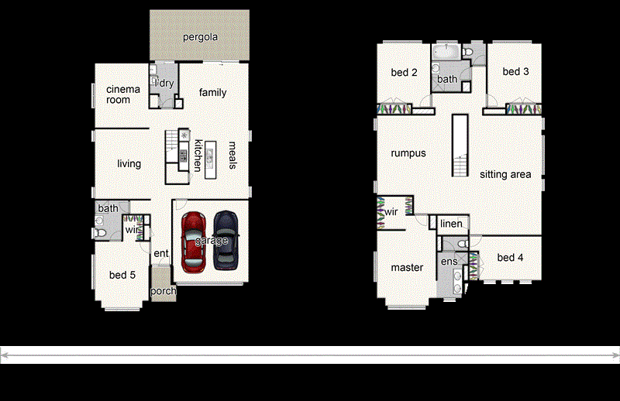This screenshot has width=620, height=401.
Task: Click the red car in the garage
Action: coord(193,239)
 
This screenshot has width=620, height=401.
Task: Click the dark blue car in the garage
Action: coord(226,239)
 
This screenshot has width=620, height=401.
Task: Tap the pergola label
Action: coord(199,36)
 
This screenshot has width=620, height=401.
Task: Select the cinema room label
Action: coord(123,94)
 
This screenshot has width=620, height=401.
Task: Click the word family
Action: coord(212,93)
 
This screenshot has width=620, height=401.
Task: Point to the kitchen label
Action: coord(198,155)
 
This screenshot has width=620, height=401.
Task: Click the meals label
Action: coord(232,155)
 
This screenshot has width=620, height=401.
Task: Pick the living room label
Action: coord(129,164)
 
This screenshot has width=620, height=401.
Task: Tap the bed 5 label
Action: coord(122,276)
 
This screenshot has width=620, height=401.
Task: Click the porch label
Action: coord(163,292)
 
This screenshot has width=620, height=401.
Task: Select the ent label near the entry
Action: coord(160,254)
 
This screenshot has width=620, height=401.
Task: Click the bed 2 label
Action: coord(404,73)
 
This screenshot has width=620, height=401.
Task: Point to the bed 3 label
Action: coord(515,72)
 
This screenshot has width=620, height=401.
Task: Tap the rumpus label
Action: coord(408,153)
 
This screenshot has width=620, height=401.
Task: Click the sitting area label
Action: coord(505,175)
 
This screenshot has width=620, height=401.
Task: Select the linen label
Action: coord(451,224)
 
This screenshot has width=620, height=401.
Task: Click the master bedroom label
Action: coord(407,268)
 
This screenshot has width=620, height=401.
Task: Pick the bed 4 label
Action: coord(511,258)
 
